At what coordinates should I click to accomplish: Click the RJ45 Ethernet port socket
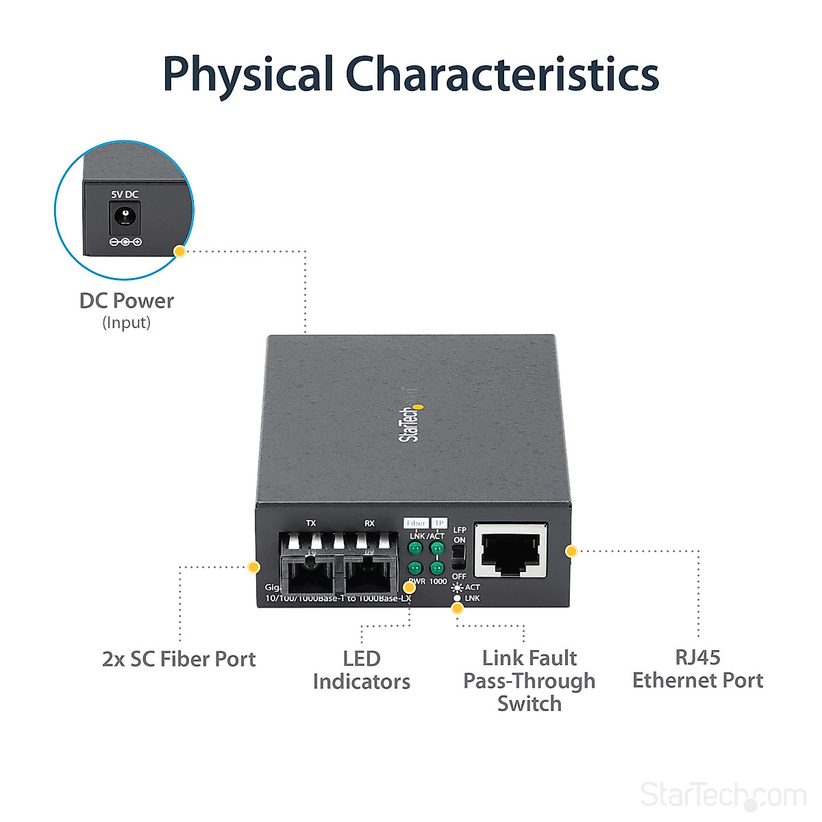(x=511, y=550)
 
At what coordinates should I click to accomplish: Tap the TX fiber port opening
(x=310, y=574)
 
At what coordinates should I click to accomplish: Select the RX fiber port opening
(x=370, y=574)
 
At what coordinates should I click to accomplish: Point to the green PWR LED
(x=415, y=568)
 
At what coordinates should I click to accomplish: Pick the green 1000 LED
(x=436, y=568)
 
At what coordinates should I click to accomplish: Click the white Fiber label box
(x=416, y=523)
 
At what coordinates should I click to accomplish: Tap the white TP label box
(x=438, y=523)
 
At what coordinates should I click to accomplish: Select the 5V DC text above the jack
(x=125, y=195)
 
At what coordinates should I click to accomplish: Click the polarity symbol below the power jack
(x=125, y=242)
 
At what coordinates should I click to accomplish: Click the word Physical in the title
(x=248, y=75)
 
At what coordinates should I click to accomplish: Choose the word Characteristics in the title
(x=501, y=75)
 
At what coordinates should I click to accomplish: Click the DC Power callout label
(x=127, y=301)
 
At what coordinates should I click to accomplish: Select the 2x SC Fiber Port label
(x=179, y=659)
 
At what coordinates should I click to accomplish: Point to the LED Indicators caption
(x=362, y=670)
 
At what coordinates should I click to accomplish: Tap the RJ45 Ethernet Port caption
(x=697, y=669)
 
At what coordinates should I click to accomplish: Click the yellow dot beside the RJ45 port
(x=571, y=551)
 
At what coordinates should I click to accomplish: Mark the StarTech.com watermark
(x=723, y=795)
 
